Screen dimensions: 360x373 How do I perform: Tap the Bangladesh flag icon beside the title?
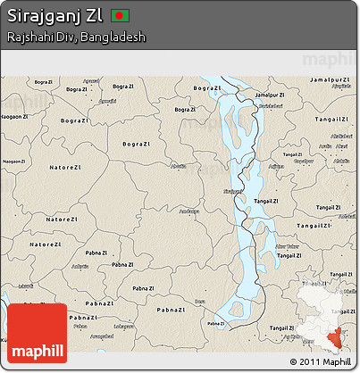121,16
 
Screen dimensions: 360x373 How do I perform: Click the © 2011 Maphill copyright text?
320,361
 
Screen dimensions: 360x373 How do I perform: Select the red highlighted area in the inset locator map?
339,334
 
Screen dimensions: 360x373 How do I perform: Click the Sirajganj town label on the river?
231,190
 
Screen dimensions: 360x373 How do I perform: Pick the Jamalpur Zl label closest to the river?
273,95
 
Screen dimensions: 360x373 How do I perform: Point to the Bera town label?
197,302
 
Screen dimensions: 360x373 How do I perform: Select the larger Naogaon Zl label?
13,116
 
